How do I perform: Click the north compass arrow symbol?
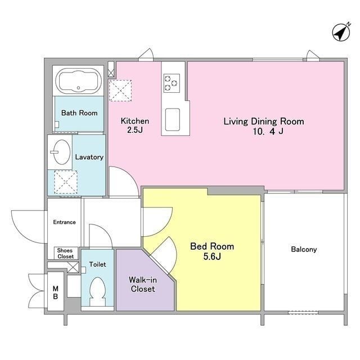point(341,32)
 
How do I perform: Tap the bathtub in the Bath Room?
point(79,81)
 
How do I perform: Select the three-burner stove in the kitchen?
point(172,83)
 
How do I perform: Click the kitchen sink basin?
point(173,119)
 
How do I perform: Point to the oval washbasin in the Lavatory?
point(62,152)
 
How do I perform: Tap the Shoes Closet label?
point(65,254)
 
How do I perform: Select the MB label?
point(55,292)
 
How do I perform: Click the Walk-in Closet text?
point(143,284)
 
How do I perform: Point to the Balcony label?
point(304,249)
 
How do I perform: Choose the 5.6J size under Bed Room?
point(212,256)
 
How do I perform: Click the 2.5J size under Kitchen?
point(135,130)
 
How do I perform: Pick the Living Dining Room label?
point(264,121)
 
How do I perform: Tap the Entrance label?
point(64,222)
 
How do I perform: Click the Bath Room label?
point(79,113)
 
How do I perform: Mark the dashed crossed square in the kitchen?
point(120,91)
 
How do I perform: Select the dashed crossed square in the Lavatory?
point(66,182)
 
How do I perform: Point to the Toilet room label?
point(97,264)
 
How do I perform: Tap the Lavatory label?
point(89,157)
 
